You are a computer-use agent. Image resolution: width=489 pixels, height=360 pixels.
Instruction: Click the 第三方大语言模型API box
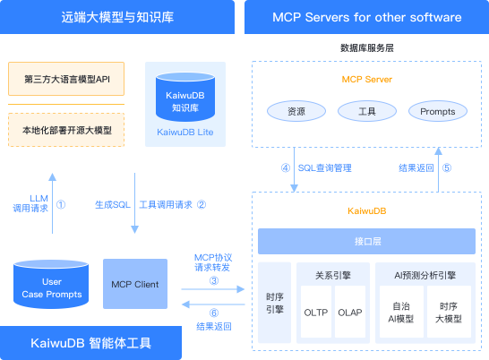65,79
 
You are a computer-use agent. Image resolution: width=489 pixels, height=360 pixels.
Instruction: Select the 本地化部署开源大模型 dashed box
65,130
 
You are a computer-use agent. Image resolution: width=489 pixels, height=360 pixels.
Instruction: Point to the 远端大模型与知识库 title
116,16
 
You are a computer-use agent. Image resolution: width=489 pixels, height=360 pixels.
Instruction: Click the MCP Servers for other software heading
367,16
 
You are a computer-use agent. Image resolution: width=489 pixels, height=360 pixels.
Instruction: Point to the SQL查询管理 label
324,167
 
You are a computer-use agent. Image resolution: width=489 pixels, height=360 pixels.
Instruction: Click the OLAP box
349,313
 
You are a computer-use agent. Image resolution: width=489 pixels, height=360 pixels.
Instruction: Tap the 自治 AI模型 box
401,311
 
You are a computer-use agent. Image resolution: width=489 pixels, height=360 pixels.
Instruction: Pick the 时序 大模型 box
448,311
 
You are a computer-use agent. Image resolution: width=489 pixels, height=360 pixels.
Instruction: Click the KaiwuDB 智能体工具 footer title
117,343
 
